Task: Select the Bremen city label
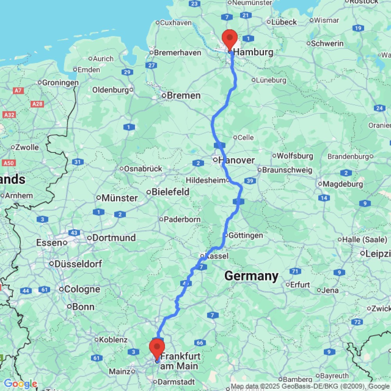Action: pos(184,95)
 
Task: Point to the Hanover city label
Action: pos(236,160)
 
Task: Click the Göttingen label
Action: pos(246,235)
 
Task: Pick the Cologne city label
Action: pos(83,289)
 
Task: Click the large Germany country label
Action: pos(251,276)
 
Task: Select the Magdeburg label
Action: pos(341,184)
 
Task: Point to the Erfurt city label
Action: pos(300,285)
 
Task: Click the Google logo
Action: pos(20,384)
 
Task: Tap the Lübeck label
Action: pos(284,22)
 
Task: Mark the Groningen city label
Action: pos(60,83)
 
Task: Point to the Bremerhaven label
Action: pos(178,52)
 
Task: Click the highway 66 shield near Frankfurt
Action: pos(200,343)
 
